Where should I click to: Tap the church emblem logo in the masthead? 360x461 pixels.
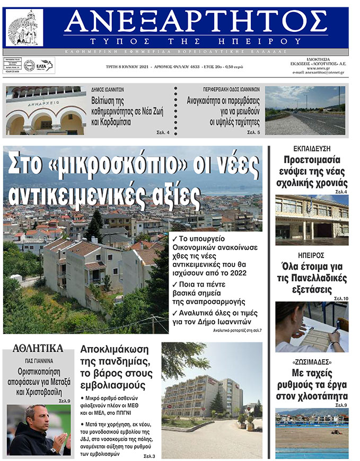pyautogui.click(x=24, y=28)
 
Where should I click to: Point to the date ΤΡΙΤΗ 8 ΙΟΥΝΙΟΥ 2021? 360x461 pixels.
pyautogui.click(x=123, y=68)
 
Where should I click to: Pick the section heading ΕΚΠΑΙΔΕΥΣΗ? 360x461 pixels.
pyautogui.click(x=312, y=148)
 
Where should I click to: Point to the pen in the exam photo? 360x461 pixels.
pyautogui.click(x=336, y=332)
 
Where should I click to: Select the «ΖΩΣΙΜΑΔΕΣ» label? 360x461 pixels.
pyautogui.click(x=312, y=362)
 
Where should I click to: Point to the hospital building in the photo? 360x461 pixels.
pyautogui.click(x=201, y=395)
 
